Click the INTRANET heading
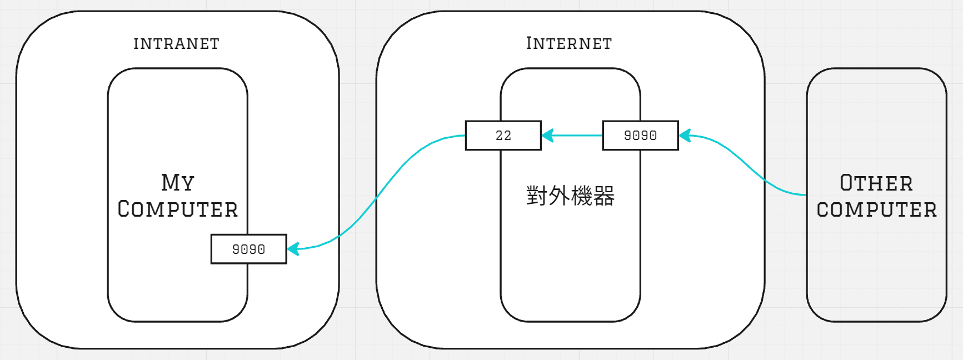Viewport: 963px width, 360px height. [176, 43]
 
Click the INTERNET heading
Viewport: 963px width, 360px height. [569, 43]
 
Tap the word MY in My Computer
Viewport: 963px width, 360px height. [178, 182]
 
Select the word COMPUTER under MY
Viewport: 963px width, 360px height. [178, 209]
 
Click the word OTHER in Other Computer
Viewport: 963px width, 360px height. [876, 183]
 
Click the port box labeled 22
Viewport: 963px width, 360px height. [503, 136]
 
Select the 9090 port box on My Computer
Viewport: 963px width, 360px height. [248, 249]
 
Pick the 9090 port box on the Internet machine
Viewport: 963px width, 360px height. [640, 136]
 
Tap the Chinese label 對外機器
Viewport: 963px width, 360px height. [570, 196]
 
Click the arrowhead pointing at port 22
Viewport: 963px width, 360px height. [547, 136]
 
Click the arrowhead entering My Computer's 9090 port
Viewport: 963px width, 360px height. [293, 248]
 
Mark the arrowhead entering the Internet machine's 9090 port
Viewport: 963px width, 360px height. [685, 136]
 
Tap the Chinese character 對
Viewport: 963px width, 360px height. [537, 196]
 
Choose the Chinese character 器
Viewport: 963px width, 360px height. [604, 196]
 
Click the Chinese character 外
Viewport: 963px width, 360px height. [559, 196]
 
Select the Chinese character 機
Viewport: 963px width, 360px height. [582, 196]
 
